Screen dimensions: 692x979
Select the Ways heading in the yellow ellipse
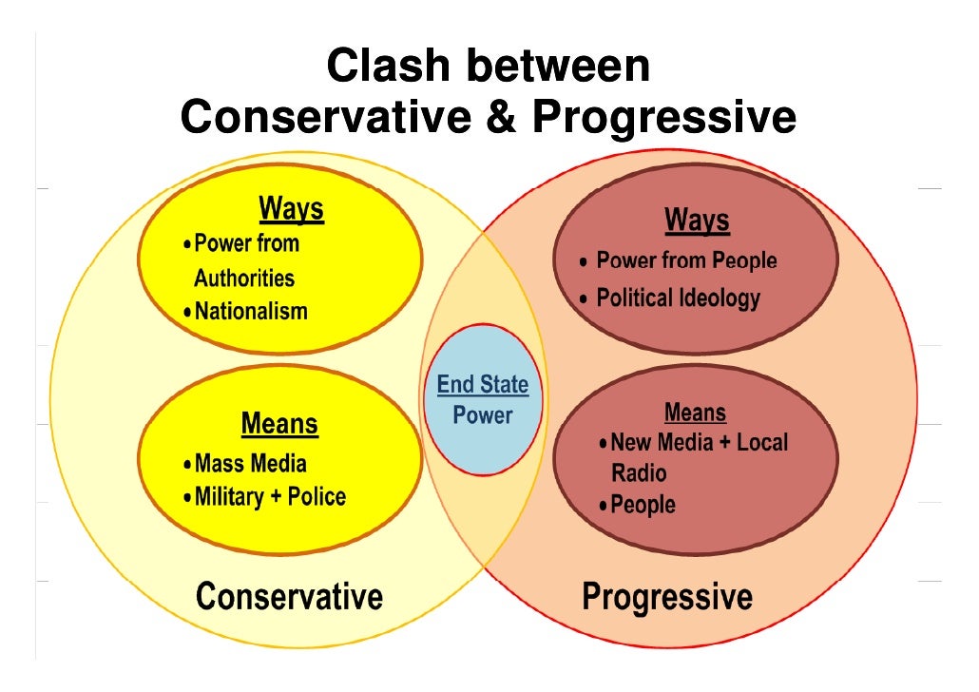[x=292, y=209]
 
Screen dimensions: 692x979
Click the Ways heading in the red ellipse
[x=697, y=221]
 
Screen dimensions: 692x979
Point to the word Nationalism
[x=251, y=311]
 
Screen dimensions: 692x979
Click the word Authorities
[x=244, y=279]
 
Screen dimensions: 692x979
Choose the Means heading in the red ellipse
[x=696, y=413]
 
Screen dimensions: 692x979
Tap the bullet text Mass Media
[x=251, y=464]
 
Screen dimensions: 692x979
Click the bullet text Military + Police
[x=270, y=496]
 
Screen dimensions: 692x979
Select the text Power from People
[x=686, y=260]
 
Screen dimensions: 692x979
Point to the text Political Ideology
[x=678, y=298]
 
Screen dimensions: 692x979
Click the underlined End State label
[x=482, y=385]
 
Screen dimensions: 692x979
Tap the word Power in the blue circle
[x=482, y=415]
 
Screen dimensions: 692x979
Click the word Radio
[x=639, y=473]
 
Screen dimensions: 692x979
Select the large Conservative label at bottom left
[x=289, y=597]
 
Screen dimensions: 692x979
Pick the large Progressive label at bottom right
[x=666, y=598]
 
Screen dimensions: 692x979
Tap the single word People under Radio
[x=643, y=505]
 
